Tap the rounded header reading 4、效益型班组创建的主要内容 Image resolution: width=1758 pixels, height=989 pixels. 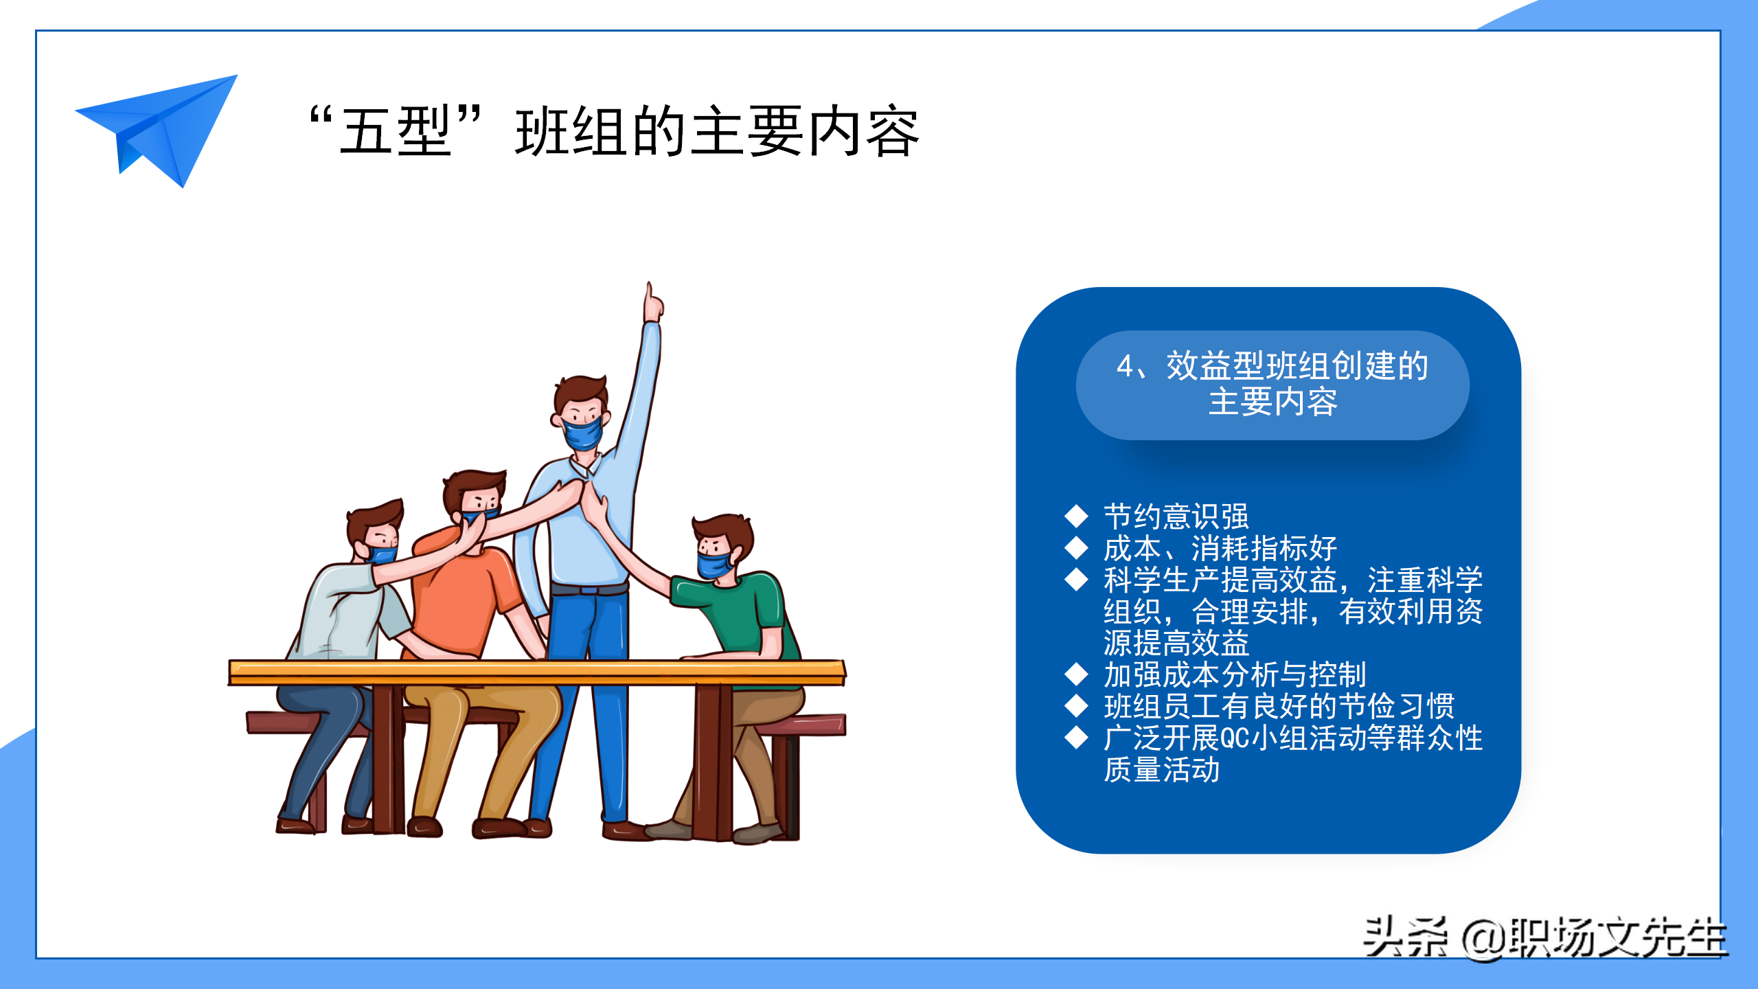pyautogui.click(x=1272, y=385)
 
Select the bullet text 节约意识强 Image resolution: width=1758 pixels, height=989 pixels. pyautogui.click(x=1176, y=516)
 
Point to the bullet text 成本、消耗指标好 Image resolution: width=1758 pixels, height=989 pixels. pyautogui.click(x=1220, y=548)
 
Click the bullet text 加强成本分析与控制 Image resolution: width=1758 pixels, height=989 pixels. pyautogui.click(x=1235, y=674)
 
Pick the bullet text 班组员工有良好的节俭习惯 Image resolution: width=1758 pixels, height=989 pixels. pyautogui.click(x=1279, y=706)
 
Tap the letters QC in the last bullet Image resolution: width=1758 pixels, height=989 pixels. pyautogui.click(x=1235, y=738)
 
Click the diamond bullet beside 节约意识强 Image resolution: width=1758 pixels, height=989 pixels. pyautogui.click(x=1076, y=516)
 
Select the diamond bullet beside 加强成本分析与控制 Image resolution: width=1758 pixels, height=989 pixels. pyautogui.click(x=1076, y=674)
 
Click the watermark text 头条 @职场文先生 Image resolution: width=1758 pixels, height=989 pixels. pyautogui.click(x=1544, y=937)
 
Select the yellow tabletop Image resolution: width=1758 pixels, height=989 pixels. pyautogui.click(x=537, y=672)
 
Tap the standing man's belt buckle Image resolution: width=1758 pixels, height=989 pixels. pyautogui.click(x=589, y=589)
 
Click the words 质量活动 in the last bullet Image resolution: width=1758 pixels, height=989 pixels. pyautogui.click(x=1161, y=769)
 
